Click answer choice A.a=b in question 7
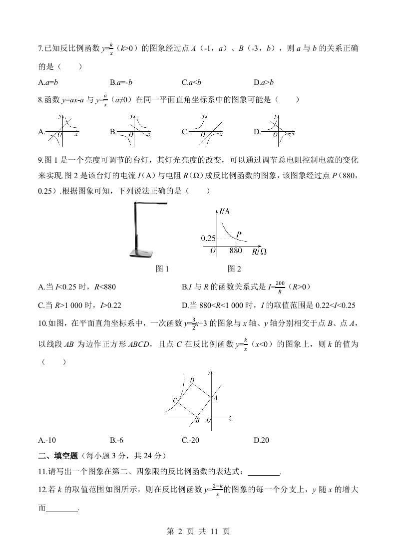click(48, 82)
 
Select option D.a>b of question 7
click(264, 82)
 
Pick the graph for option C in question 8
click(205, 132)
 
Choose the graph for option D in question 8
click(278, 132)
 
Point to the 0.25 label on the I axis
click(208, 238)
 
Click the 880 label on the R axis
click(235, 251)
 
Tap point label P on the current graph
click(239, 234)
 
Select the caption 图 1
click(163, 269)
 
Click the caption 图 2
click(234, 269)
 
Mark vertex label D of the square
click(192, 380)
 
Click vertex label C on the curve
click(175, 400)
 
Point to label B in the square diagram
click(197, 420)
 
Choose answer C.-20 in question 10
click(191, 440)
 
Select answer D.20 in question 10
click(261, 440)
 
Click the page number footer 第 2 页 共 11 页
click(198, 532)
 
